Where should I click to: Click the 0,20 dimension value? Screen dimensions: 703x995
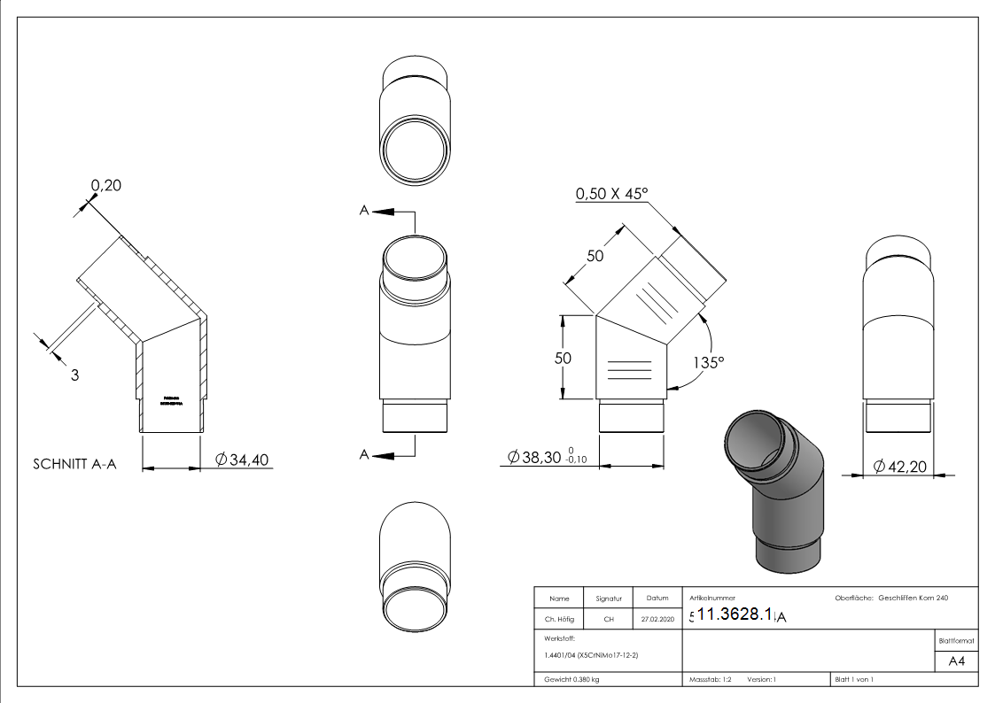click(105, 185)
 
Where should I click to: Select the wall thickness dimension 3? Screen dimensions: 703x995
click(74, 375)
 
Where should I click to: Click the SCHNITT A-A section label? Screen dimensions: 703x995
click(74, 465)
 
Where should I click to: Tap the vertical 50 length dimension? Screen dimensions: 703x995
click(562, 358)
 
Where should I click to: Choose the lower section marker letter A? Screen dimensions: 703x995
click(363, 454)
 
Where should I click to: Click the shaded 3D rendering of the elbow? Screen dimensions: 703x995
click(773, 491)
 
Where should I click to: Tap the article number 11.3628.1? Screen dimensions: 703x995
click(736, 615)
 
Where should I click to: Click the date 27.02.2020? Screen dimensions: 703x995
click(657, 620)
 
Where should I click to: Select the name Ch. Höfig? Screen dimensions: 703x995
click(558, 620)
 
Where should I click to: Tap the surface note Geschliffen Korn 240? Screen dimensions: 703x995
click(913, 599)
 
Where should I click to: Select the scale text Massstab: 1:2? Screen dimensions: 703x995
click(710, 680)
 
